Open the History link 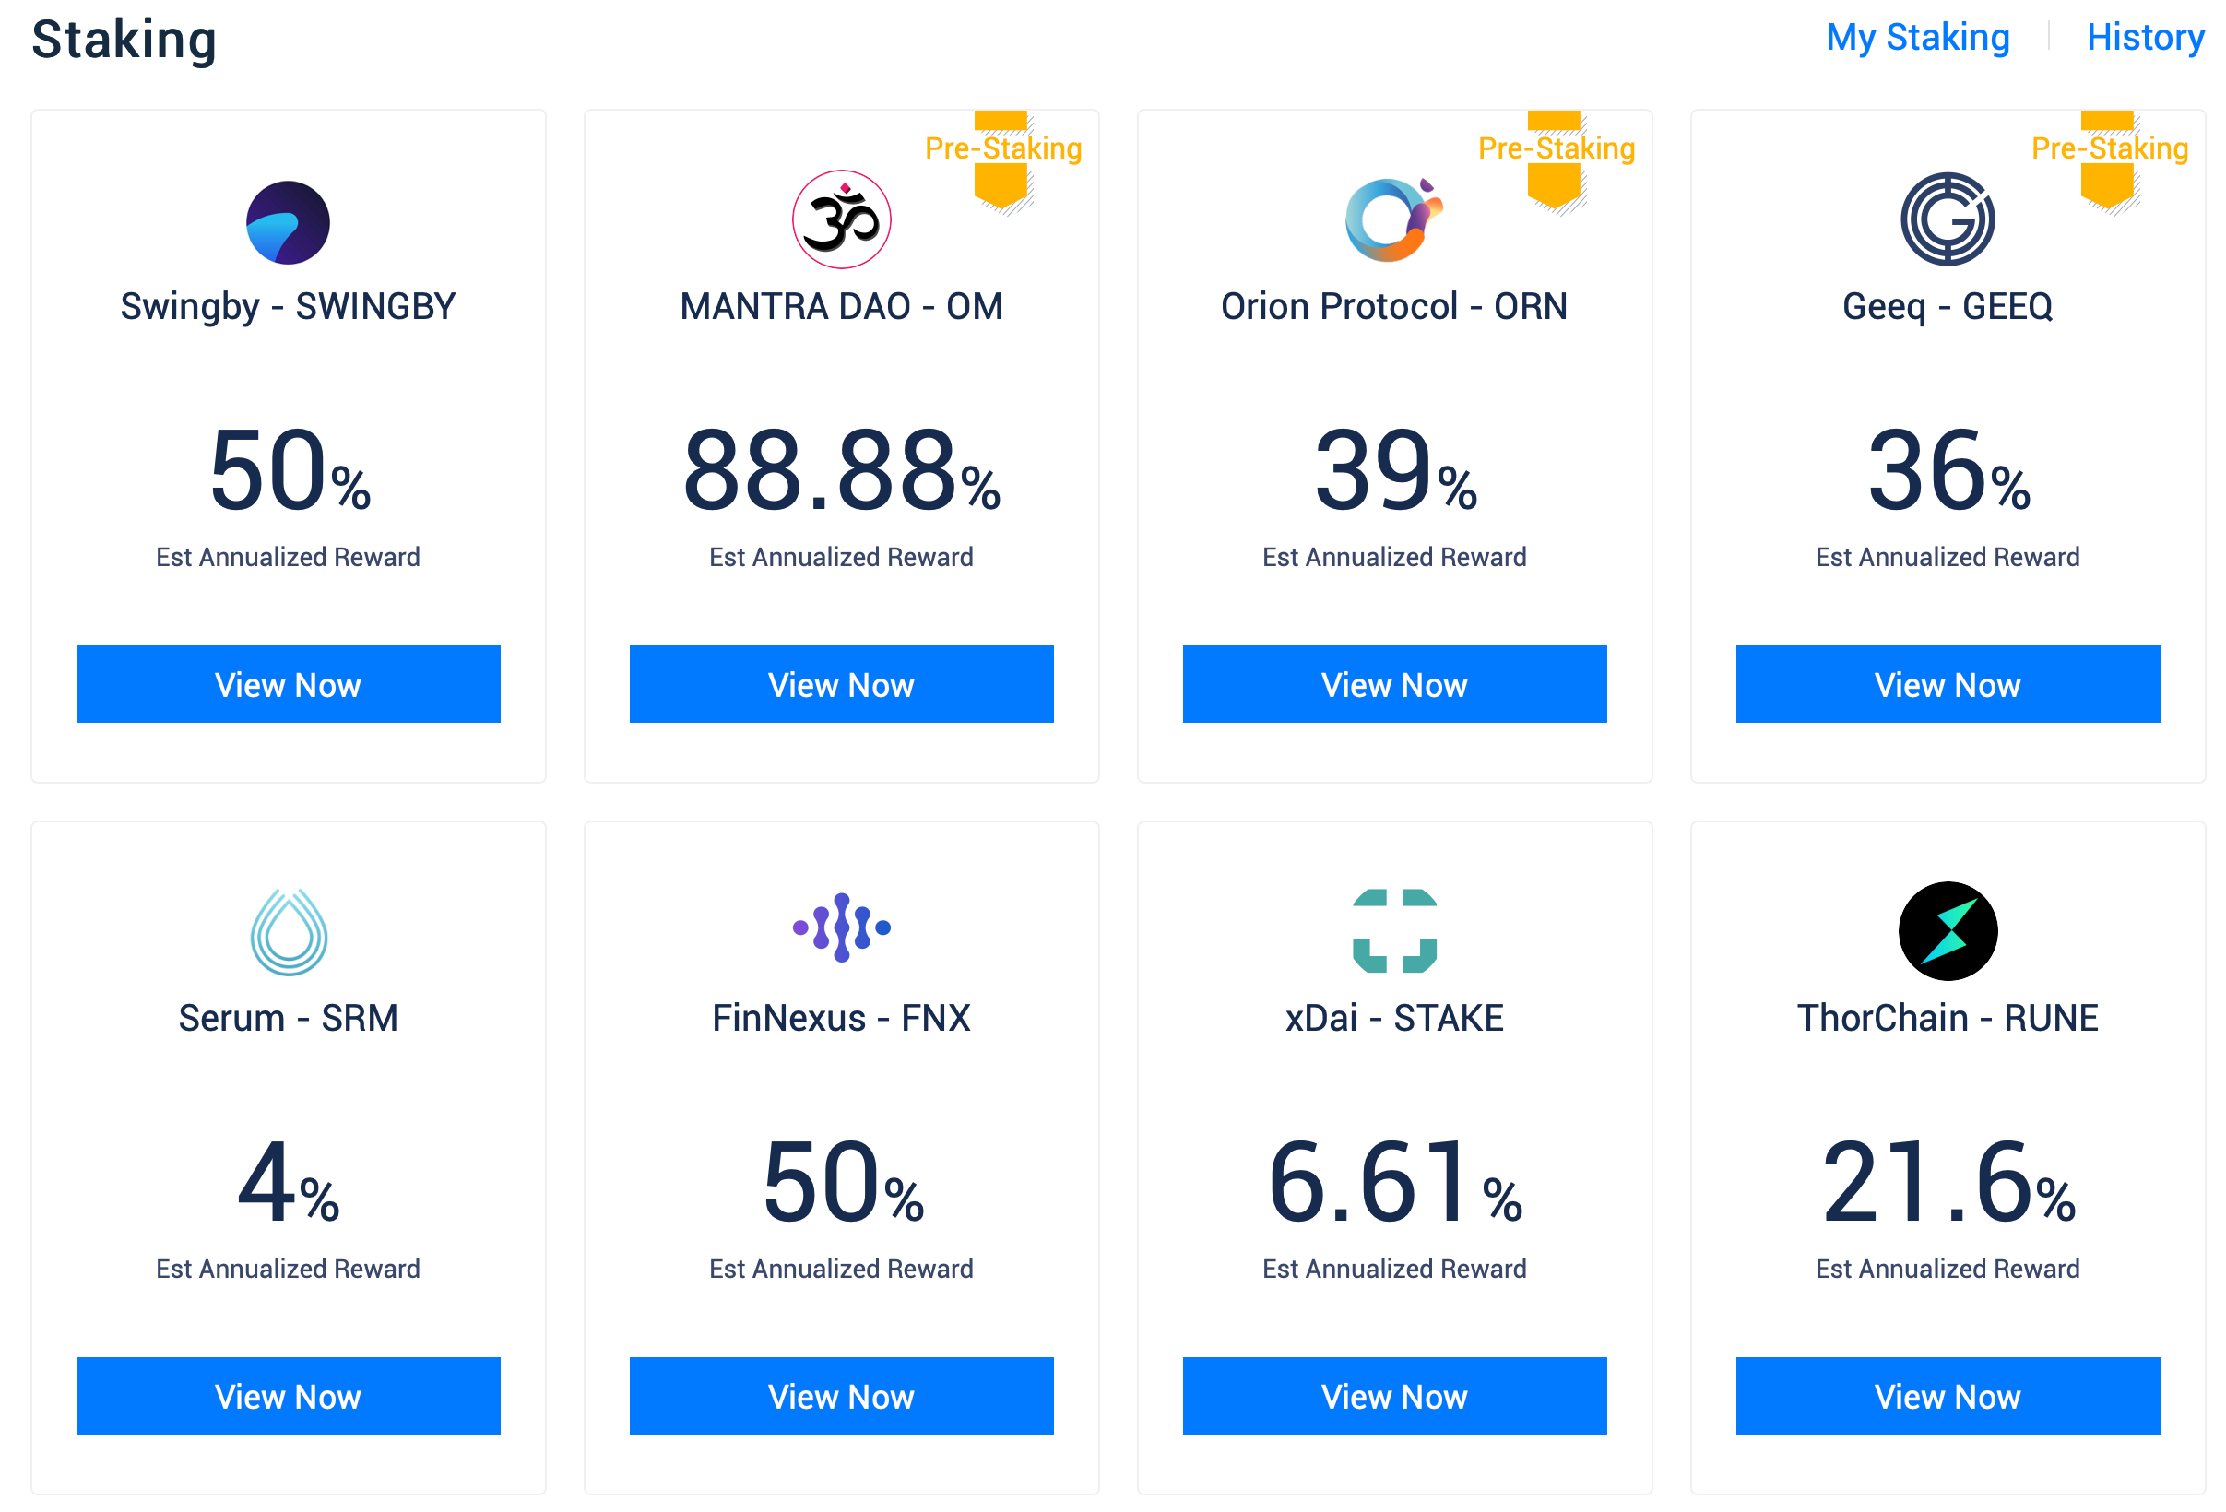coord(2145,38)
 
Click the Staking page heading coord(124,41)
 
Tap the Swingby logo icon coord(289,222)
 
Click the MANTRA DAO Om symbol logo coord(841,219)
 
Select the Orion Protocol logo coord(1392,219)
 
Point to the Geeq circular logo coord(1948,219)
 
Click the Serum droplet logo coord(289,931)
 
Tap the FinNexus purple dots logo coord(841,927)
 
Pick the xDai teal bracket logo coord(1393,930)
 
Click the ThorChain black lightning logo coord(1948,930)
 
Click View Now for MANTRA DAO coord(841,684)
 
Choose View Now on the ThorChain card coord(1948,1395)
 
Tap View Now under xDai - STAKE coord(1393,1395)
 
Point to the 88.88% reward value coord(841,471)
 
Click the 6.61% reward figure coord(1393,1183)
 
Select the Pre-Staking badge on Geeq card coord(2109,148)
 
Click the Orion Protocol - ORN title coord(1393,306)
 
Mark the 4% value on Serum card coord(289,1183)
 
